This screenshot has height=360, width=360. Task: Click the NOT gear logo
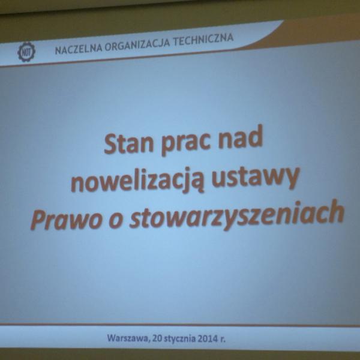[26, 52]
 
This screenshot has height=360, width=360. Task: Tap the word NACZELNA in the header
[79, 49]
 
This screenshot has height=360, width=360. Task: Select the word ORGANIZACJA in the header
[137, 44]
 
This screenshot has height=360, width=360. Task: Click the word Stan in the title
[129, 143]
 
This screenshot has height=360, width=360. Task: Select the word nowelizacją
[137, 181]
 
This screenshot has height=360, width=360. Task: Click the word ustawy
[256, 177]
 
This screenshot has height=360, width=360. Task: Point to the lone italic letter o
[115, 221]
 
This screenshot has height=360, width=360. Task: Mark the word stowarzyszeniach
[237, 215]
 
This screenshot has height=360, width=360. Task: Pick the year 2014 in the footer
[208, 338]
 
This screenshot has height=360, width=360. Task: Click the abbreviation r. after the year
[223, 339]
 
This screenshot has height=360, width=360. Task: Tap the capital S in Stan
[110, 144]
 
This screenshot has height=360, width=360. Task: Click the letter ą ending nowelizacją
[197, 181]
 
